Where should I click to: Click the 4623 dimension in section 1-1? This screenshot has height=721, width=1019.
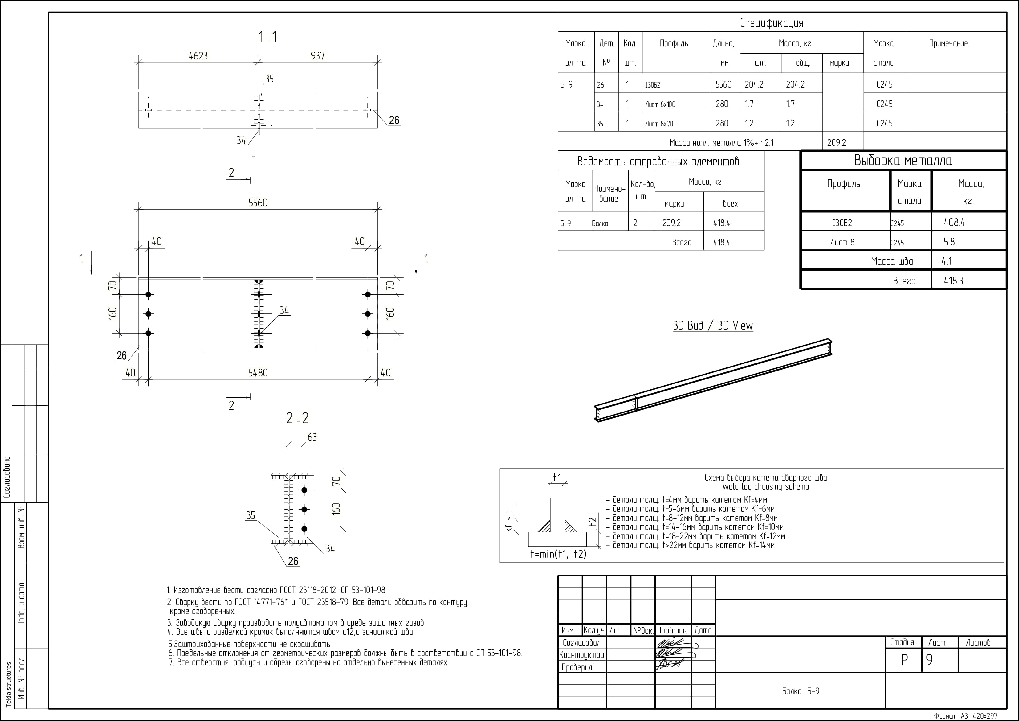pyautogui.click(x=198, y=56)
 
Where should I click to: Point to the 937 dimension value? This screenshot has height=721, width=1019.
pyautogui.click(x=317, y=56)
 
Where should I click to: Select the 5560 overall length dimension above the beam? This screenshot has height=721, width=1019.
pyautogui.click(x=258, y=203)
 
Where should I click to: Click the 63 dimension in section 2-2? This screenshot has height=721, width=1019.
pyautogui.click(x=312, y=437)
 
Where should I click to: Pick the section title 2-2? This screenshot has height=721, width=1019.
pyautogui.click(x=297, y=418)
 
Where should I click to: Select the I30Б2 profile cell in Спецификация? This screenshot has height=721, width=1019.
pyautogui.click(x=653, y=85)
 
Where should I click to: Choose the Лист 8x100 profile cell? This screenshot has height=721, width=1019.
pyautogui.click(x=660, y=104)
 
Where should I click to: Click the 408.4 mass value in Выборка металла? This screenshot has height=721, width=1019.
pyautogui.click(x=954, y=223)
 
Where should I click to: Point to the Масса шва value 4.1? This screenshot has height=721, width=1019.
pyautogui.click(x=946, y=261)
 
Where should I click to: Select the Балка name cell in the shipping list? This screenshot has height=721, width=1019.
pyautogui.click(x=600, y=223)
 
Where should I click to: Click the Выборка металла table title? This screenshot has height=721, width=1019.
pyautogui.click(x=903, y=160)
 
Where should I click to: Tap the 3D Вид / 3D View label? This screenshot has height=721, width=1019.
pyautogui.click(x=713, y=326)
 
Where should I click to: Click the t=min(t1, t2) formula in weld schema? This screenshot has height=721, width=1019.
pyautogui.click(x=558, y=554)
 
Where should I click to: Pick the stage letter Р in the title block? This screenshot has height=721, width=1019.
pyautogui.click(x=904, y=660)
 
